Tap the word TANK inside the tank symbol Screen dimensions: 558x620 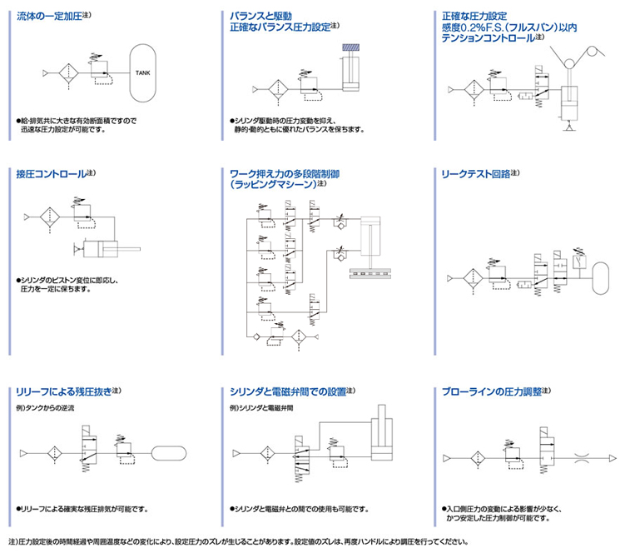click(x=143, y=72)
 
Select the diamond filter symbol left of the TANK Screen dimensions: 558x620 click(x=69, y=72)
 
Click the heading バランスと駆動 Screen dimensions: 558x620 click(x=260, y=16)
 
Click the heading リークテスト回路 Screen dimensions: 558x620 click(x=475, y=174)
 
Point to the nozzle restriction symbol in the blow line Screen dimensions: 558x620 click(x=588, y=458)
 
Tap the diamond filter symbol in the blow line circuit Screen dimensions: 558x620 click(x=477, y=458)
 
